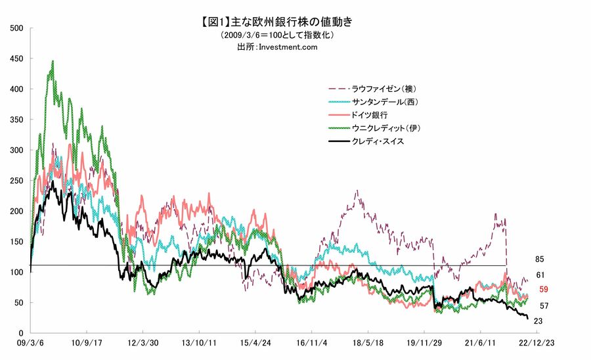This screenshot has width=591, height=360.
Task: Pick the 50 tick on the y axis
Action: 20,303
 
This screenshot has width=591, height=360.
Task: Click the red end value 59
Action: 544,289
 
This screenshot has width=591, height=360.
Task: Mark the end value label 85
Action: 540,259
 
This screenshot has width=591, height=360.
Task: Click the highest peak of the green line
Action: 53,62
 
